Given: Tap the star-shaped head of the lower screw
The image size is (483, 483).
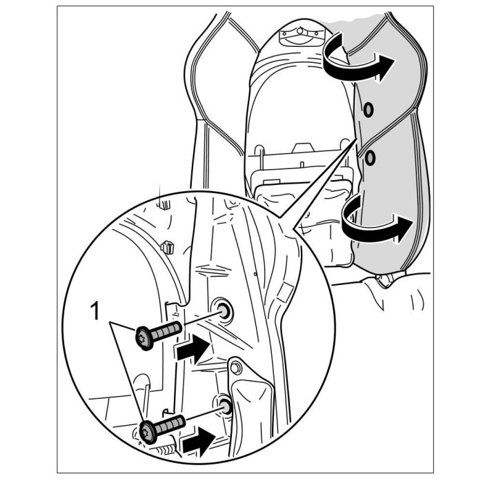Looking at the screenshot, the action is tap(147, 431).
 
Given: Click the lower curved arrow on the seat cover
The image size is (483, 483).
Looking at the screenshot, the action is tap(376, 226).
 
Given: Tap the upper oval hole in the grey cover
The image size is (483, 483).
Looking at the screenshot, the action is tap(368, 108).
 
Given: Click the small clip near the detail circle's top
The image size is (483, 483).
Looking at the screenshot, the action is tap(166, 246).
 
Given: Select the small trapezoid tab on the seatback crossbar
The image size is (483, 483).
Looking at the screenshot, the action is tap(302, 146).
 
